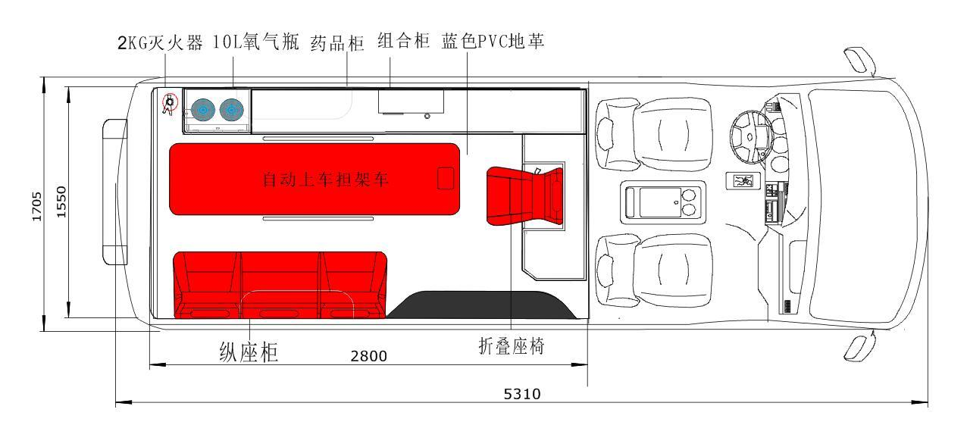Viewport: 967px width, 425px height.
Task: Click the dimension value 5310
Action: tap(521, 394)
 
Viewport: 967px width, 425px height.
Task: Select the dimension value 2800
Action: tap(368, 356)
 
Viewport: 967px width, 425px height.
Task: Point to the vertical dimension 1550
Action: tap(61, 203)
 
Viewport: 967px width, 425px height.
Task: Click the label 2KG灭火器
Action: tap(160, 43)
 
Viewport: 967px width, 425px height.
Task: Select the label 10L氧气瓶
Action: tap(257, 43)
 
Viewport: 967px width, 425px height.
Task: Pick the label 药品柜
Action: tap(337, 43)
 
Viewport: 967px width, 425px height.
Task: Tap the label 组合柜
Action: tap(404, 42)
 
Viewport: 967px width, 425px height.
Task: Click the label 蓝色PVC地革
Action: tap(493, 42)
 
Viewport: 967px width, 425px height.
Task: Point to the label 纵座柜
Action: tap(249, 352)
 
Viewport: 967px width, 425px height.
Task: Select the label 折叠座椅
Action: tap(512, 345)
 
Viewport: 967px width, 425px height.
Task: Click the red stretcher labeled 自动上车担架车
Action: tap(314, 179)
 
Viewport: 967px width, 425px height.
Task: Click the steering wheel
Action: tap(750, 137)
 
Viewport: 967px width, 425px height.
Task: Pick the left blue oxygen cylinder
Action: tap(202, 111)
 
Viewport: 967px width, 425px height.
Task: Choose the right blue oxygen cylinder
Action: tap(232, 111)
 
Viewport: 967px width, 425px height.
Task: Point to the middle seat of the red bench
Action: tap(281, 284)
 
